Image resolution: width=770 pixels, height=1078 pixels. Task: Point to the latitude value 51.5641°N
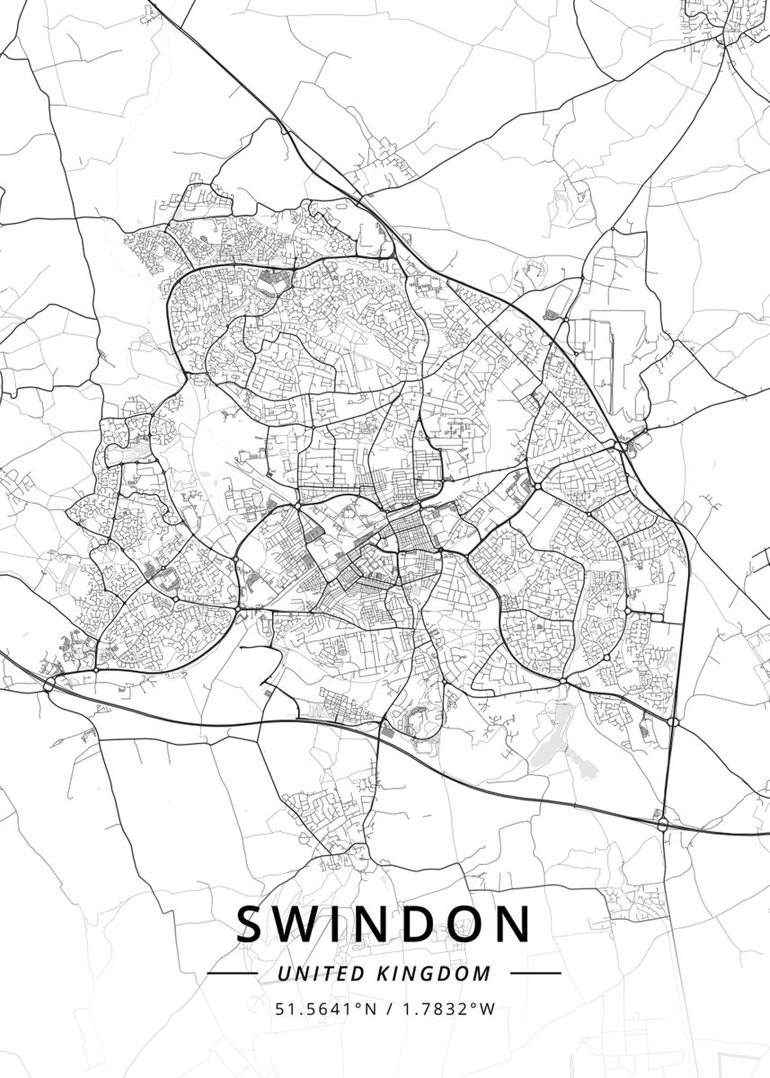(324, 1009)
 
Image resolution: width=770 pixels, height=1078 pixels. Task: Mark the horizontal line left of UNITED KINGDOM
(233, 973)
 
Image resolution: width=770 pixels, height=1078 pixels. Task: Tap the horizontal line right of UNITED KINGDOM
(535, 973)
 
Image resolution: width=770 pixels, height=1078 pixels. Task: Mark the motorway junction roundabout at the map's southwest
(49, 685)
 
